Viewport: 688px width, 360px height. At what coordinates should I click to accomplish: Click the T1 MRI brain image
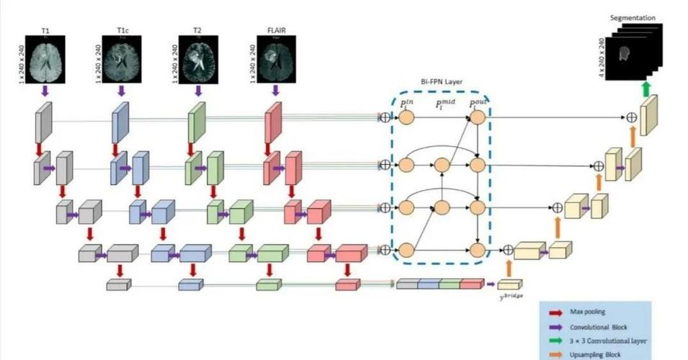pos(47,58)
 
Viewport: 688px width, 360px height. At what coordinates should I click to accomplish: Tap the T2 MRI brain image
pos(199,58)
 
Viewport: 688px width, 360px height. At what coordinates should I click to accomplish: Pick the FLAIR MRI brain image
pos(274,58)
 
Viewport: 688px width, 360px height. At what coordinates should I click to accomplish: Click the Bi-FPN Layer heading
pos(440,83)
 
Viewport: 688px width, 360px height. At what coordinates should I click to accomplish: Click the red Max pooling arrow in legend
pos(555,313)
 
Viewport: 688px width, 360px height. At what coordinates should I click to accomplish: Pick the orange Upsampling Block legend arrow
pos(555,354)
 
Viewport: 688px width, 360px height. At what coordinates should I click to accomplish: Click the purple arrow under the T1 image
pos(46,91)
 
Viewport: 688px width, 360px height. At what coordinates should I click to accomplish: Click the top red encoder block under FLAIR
pos(273,122)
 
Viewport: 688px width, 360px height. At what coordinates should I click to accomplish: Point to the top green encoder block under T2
pos(197,122)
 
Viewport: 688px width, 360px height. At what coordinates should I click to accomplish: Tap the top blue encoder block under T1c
pos(120,122)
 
